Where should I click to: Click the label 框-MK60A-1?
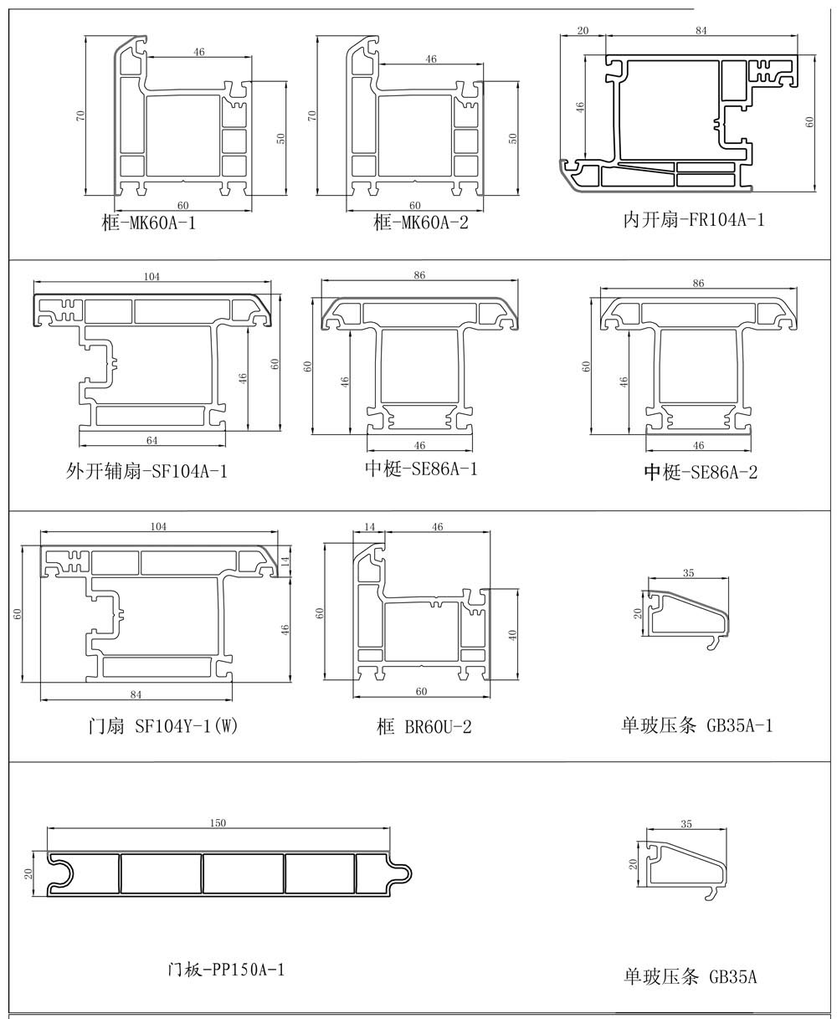pos(147,223)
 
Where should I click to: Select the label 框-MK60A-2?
pos(421,223)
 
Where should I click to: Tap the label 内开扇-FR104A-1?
pos(694,220)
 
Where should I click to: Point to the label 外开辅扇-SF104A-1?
pos(146,471)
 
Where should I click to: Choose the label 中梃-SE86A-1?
pos(421,469)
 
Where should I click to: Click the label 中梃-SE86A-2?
pos(701,473)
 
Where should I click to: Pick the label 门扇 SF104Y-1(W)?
pos(163,726)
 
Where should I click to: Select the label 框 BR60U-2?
pos(424,727)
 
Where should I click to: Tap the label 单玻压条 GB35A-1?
pos(696,725)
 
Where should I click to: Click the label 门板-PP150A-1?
pos(226,970)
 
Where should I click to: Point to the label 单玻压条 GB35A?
pos(691,975)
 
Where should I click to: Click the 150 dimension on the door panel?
pos(217,823)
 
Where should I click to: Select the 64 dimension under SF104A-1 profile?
pos(151,440)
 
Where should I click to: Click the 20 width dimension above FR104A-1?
pos(583,31)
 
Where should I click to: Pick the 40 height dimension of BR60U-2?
pos(512,633)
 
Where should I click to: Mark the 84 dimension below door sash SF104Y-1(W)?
pos(136,694)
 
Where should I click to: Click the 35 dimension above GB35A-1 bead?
pos(688,573)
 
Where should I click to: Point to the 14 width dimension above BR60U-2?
pos(369,527)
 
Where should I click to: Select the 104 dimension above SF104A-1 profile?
pos(151,276)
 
